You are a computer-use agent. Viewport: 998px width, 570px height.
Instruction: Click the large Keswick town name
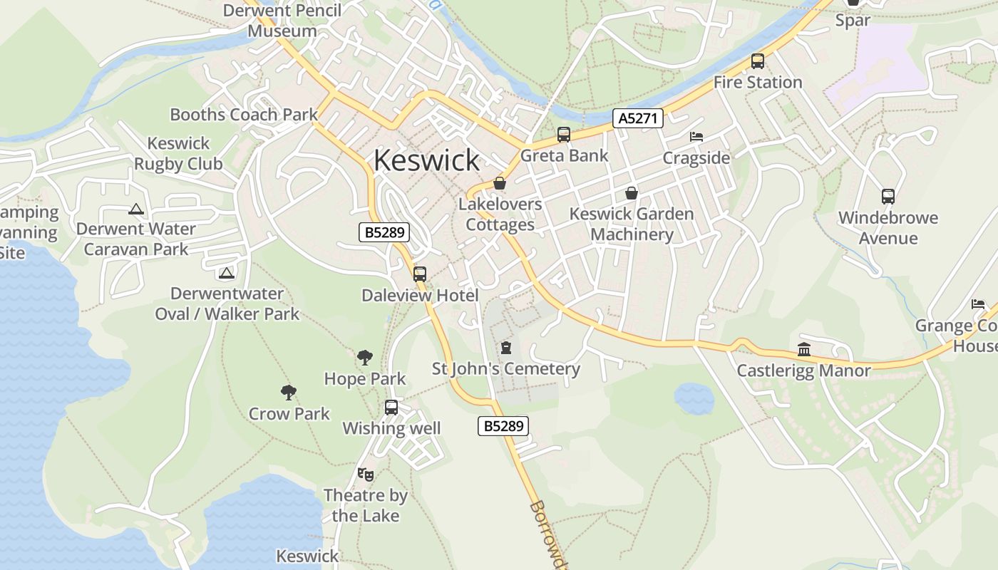pos(426,160)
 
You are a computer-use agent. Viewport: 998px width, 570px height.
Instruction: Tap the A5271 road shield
pos(638,118)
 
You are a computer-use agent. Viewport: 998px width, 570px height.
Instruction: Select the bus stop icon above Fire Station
pos(758,61)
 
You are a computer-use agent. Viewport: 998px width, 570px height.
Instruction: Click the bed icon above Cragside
pos(696,137)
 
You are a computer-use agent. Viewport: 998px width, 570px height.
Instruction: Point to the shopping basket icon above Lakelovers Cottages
pos(500,183)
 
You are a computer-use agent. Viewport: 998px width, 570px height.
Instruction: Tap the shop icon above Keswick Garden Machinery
pos(631,192)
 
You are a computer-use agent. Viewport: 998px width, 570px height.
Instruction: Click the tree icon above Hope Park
pos(365,357)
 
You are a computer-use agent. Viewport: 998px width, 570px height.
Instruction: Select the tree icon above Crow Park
pos(289,392)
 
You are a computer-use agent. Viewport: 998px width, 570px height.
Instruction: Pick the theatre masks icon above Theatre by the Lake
pos(366,474)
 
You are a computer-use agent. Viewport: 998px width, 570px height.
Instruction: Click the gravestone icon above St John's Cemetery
pos(506,348)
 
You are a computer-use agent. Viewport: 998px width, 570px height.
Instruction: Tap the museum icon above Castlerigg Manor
pos(804,349)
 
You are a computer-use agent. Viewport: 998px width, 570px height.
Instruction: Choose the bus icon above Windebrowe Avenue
pos(888,196)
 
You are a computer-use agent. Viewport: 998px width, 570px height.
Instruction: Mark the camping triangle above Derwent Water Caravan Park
pos(136,209)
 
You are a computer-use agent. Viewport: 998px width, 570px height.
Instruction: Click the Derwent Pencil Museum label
pos(282,21)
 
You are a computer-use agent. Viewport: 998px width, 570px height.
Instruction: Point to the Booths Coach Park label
pos(244,114)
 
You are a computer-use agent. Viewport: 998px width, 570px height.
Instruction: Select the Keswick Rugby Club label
pos(179,153)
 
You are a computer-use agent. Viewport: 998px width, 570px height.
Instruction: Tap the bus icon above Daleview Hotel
pos(420,274)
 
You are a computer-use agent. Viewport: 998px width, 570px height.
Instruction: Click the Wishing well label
pos(391,428)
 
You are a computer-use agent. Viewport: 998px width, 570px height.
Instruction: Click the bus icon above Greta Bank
pos(564,134)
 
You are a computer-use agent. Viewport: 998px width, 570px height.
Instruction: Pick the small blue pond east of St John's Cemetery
pos(694,398)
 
